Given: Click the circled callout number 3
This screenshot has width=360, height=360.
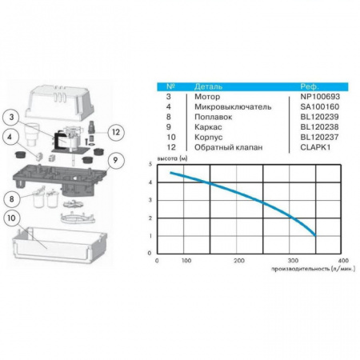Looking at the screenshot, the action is pyautogui.click(x=11, y=117).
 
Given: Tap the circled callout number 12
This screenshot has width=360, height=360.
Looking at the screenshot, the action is pyautogui.click(x=116, y=132).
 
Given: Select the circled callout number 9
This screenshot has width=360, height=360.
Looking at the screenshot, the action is pyautogui.click(x=115, y=160).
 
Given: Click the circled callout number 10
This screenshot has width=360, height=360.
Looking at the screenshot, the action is pyautogui.click(x=12, y=218).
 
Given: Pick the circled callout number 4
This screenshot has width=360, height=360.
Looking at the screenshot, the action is pyautogui.click(x=10, y=137).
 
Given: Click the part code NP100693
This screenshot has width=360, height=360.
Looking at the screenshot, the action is pyautogui.click(x=320, y=97).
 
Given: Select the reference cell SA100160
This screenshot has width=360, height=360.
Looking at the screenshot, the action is pyautogui.click(x=320, y=106).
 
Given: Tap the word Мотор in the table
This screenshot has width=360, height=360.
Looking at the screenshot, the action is pyautogui.click(x=207, y=97).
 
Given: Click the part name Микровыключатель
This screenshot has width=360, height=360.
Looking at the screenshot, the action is pyautogui.click(x=233, y=106).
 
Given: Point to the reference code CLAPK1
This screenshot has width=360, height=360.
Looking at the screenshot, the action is pyautogui.click(x=315, y=147).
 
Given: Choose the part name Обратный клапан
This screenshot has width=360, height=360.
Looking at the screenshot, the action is pyautogui.click(x=228, y=147).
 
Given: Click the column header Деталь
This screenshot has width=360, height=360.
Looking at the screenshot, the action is pyautogui.click(x=208, y=86).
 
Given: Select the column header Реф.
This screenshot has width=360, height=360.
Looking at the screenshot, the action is pyautogui.click(x=310, y=86).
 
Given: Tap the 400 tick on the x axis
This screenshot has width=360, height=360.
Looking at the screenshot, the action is pyautogui.click(x=343, y=261).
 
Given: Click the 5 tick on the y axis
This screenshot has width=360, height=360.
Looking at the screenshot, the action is pyautogui.click(x=150, y=164).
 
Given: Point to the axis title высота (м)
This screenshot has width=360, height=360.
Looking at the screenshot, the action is pyautogui.click(x=172, y=158).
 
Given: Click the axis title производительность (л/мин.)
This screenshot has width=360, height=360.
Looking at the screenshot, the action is pyautogui.click(x=314, y=269).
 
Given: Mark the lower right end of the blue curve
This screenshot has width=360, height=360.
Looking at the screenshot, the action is pyautogui.click(x=315, y=236).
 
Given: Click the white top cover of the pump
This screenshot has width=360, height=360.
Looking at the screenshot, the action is pyautogui.click(x=59, y=102).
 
